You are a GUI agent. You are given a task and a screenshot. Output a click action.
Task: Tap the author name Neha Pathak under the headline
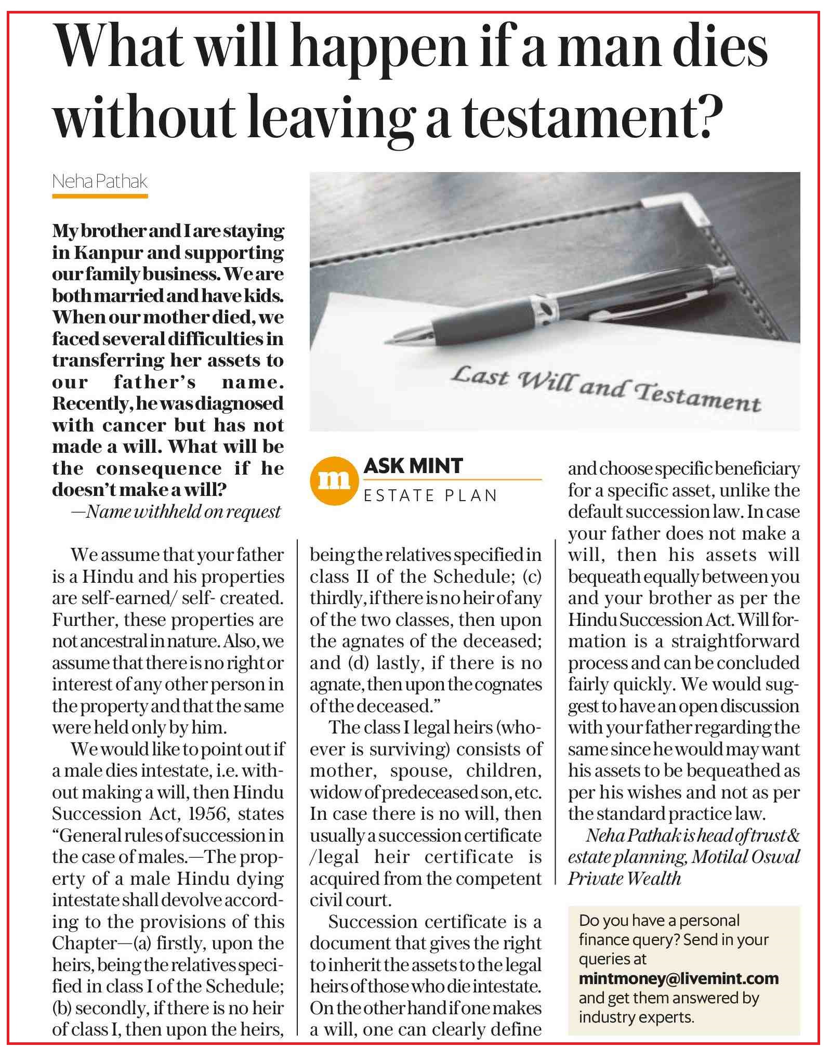pos(100,181)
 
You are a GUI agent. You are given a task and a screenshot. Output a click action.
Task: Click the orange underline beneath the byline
pos(100,197)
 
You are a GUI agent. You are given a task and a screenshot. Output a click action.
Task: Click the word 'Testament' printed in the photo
pos(699,397)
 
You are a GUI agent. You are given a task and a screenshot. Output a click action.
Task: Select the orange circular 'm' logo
pos(334,481)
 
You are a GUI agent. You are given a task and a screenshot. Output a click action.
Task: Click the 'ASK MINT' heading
pos(413,466)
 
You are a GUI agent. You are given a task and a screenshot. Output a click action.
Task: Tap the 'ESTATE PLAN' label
pos(430,495)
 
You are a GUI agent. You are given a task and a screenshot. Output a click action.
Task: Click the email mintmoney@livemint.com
pos(678,978)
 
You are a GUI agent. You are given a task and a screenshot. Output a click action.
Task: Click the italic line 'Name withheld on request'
pos(183,512)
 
